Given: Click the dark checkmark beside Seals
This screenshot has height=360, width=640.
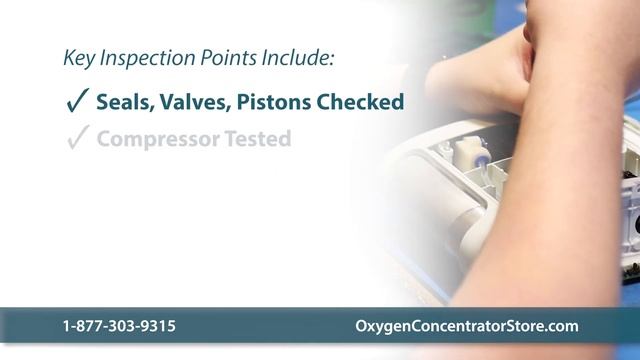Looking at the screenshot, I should click(76, 101).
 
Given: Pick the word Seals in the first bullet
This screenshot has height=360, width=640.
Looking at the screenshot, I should click(123, 101).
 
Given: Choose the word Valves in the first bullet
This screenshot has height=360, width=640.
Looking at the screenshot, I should click(190, 101).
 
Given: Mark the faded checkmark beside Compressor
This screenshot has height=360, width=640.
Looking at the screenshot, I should click(76, 139).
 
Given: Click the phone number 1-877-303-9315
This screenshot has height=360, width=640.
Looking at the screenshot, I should click(119, 327).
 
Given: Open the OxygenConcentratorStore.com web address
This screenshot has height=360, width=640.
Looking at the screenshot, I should click(467, 327).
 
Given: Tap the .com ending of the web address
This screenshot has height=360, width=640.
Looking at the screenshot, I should click(561, 327).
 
